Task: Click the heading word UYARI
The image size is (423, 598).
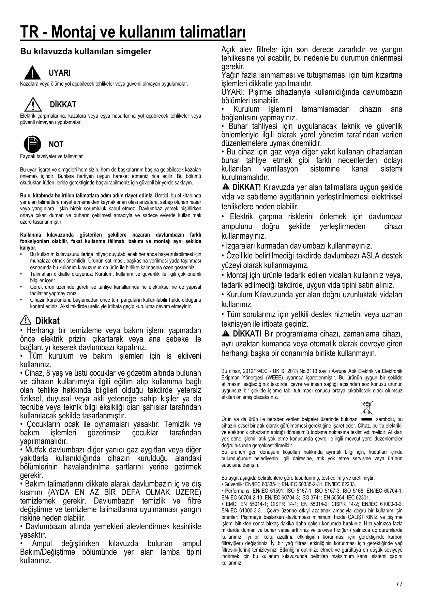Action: point(60,73)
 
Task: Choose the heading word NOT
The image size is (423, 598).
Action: point(56,145)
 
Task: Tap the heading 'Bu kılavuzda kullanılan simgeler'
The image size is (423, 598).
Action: point(86,52)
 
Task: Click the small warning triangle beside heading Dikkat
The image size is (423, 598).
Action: point(26,320)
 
